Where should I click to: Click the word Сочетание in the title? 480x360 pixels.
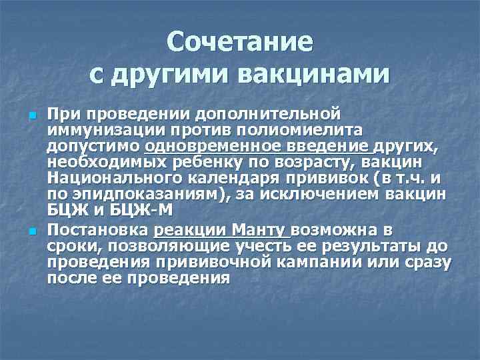[x=239, y=42]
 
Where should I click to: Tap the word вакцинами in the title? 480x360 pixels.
[x=311, y=73]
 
